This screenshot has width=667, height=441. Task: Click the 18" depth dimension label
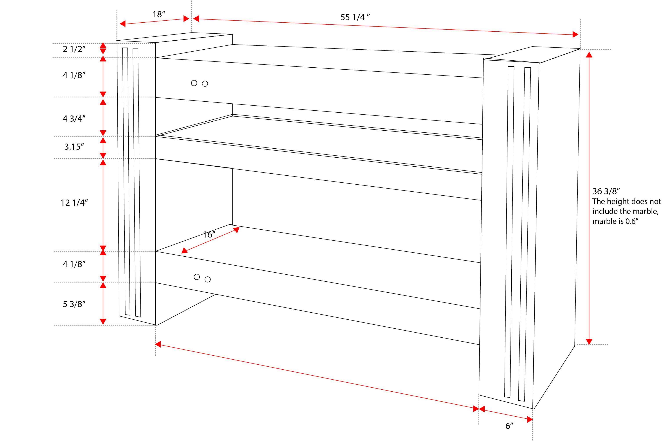(159, 14)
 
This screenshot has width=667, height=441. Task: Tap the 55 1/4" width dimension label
(355, 17)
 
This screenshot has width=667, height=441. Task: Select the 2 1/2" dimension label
(74, 49)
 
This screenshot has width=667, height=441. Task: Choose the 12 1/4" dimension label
(74, 203)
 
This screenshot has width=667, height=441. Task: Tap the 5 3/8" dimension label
(74, 304)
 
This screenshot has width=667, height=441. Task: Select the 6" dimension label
(509, 426)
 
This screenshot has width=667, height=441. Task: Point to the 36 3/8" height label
(606, 191)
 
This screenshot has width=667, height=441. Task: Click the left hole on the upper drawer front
(194, 83)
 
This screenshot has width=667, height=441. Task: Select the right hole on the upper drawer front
(205, 84)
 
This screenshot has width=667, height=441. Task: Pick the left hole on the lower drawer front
(197, 277)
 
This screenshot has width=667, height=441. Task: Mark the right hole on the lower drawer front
(208, 279)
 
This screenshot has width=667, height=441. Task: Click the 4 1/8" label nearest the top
(74, 75)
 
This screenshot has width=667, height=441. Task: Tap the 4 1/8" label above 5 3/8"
(74, 264)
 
